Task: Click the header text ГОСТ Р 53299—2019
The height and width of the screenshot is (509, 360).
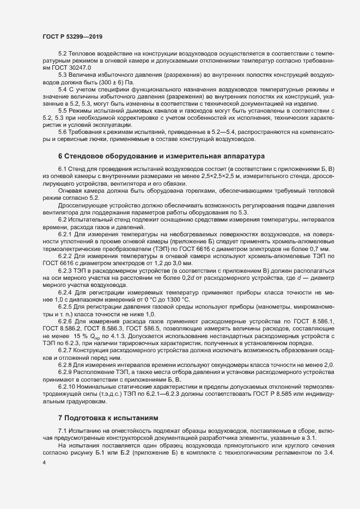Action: pos(72,36)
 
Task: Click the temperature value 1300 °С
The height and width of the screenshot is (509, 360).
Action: pos(173,299)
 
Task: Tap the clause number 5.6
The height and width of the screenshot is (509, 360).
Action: pos(63,131)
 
